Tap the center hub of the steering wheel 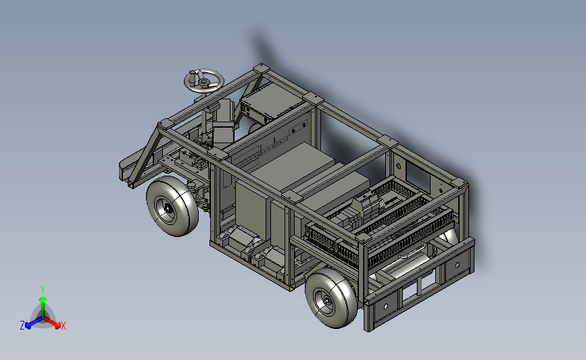[x=203, y=82]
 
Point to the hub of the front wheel [x=168, y=210]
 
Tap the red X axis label [x=63, y=326]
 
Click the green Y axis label [x=43, y=290]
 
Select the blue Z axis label [x=22, y=326]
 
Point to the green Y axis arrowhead [x=43, y=299]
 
